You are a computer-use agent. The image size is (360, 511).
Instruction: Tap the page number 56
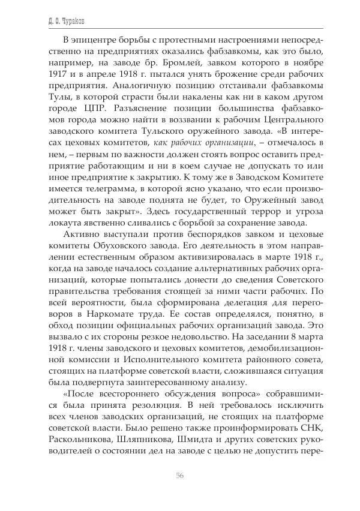[x=179, y=476]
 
